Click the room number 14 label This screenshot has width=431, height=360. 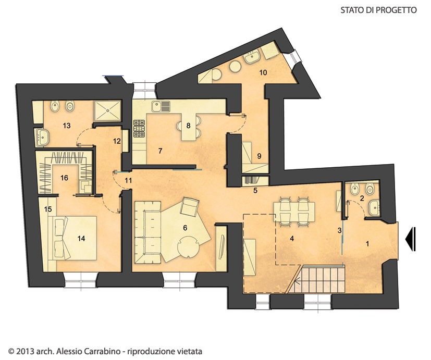[x=81, y=239]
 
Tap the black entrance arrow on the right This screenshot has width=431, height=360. [x=410, y=239]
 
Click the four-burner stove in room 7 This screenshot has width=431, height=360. [x=139, y=128]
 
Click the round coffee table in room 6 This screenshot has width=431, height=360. [x=188, y=247]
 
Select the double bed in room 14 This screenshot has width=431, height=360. [x=72, y=238]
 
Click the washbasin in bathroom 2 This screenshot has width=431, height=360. [x=374, y=208]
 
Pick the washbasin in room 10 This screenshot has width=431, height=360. [x=252, y=57]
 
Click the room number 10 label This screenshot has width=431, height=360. [x=263, y=72]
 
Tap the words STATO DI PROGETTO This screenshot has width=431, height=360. [x=378, y=10]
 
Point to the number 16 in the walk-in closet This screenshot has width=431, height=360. [x=64, y=178]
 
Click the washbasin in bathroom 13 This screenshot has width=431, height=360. [x=43, y=138]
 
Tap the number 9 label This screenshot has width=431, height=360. [x=259, y=156]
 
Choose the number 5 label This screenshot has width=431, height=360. [x=255, y=190]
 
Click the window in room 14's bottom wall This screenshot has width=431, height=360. [x=81, y=280]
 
